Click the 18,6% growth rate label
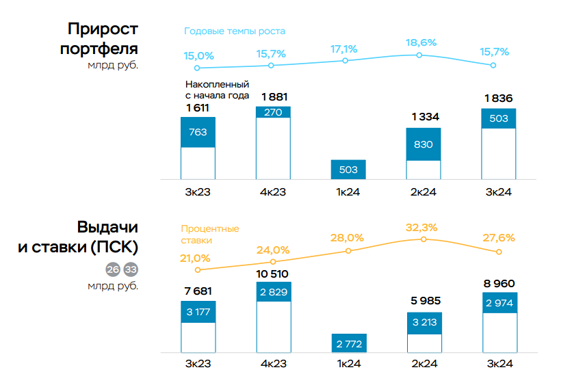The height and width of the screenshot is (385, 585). point(420,42)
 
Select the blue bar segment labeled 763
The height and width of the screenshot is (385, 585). point(198,133)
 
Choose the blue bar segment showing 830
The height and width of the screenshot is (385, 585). point(423,144)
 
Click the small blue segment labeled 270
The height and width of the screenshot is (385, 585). point(273,113)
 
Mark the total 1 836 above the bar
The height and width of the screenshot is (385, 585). point(498,98)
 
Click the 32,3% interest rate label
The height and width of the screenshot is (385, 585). point(421,227)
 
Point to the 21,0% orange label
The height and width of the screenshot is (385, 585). point(195,258)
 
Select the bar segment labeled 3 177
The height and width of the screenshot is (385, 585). point(198,312)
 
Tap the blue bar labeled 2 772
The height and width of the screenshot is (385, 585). point(348,343)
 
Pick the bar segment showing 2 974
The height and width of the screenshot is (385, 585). point(499,303)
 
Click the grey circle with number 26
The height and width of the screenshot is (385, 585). point(113,269)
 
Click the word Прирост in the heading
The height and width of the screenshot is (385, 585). point(103,29)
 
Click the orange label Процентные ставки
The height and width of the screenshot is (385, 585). point(210,235)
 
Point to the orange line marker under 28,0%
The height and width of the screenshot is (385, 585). point(348,251)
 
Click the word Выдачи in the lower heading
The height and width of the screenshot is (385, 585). point(107,228)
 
